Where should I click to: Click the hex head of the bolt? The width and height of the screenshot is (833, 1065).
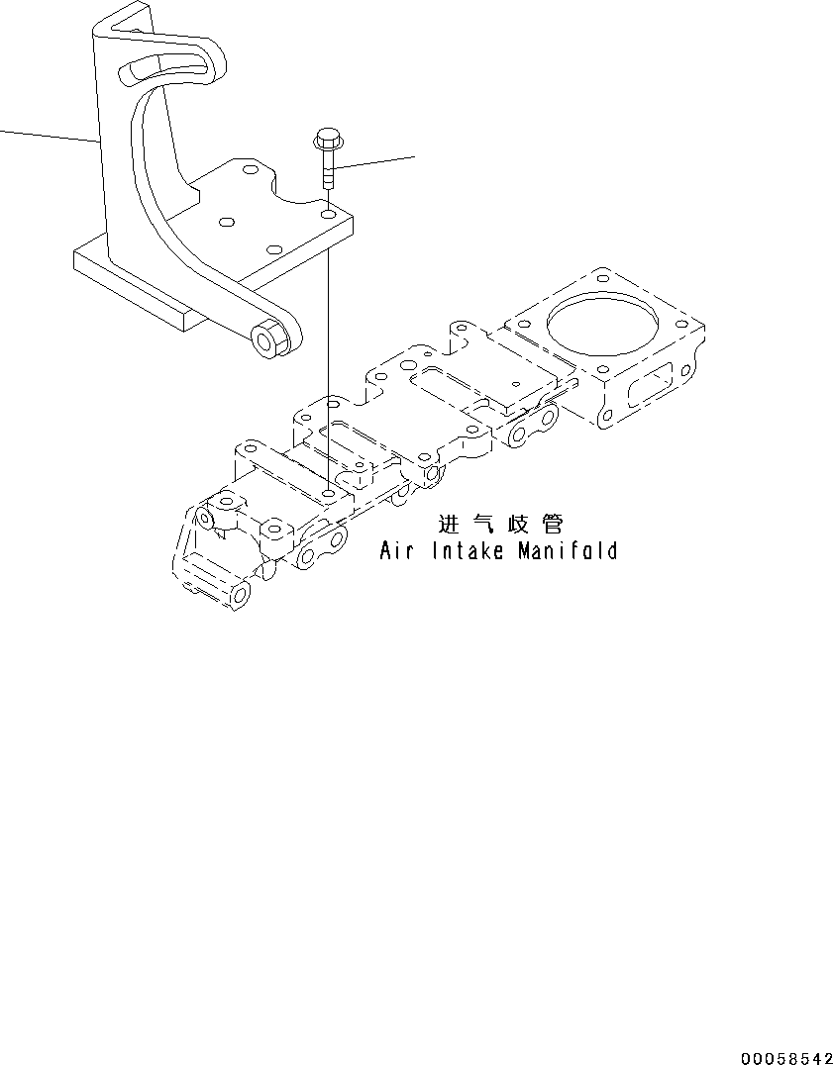coord(325,138)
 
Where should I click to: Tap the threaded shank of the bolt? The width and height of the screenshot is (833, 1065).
coord(326,170)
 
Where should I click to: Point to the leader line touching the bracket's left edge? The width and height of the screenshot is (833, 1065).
coord(50,136)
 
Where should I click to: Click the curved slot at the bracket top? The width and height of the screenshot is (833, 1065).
coord(164,71)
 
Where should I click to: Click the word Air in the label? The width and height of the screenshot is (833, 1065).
coord(396,550)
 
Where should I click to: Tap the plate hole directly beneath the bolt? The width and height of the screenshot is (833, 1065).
coord(327,211)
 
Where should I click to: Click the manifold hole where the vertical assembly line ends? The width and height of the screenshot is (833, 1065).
coord(327,491)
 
